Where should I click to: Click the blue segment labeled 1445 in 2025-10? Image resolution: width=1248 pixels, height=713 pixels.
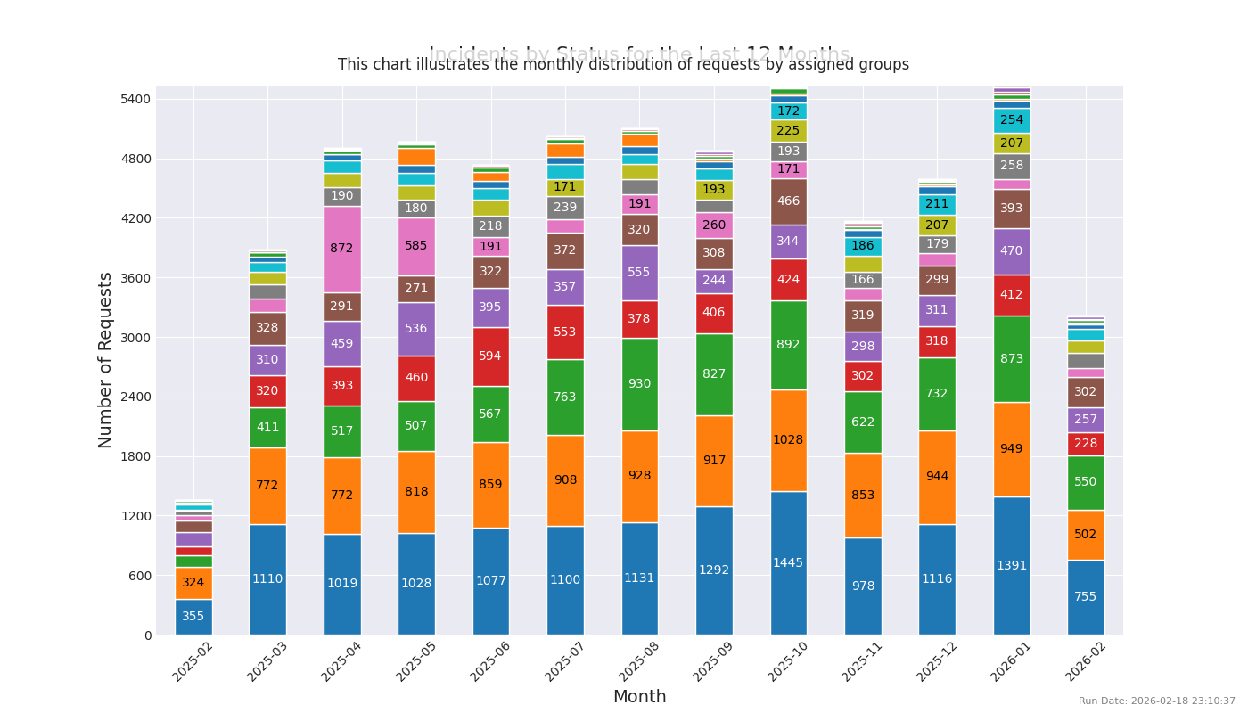(788, 562)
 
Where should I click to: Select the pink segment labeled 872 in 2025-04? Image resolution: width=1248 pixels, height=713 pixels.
(342, 249)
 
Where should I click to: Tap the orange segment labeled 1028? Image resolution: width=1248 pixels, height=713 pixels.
(788, 440)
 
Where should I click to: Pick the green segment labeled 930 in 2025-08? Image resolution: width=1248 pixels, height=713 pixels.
(639, 384)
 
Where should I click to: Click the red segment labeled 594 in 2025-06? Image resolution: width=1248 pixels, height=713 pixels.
(491, 356)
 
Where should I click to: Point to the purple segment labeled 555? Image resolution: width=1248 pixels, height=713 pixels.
(639, 273)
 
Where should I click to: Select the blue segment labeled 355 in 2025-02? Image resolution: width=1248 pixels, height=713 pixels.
(193, 616)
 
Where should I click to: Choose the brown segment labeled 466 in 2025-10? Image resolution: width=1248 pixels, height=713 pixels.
(788, 201)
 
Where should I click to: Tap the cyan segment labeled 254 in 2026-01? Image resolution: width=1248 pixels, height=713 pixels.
(1011, 120)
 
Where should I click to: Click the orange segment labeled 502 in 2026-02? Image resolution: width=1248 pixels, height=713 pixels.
(1086, 535)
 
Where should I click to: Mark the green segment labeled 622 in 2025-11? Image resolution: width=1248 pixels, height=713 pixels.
(862, 422)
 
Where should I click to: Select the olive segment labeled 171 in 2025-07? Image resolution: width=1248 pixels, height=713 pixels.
(565, 187)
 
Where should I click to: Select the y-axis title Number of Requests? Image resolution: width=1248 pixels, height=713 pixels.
(106, 359)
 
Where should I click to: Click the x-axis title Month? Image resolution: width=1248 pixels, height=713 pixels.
(639, 697)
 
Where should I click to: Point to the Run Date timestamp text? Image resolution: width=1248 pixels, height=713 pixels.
(1156, 701)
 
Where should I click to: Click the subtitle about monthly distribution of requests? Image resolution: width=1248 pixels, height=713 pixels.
(623, 65)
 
